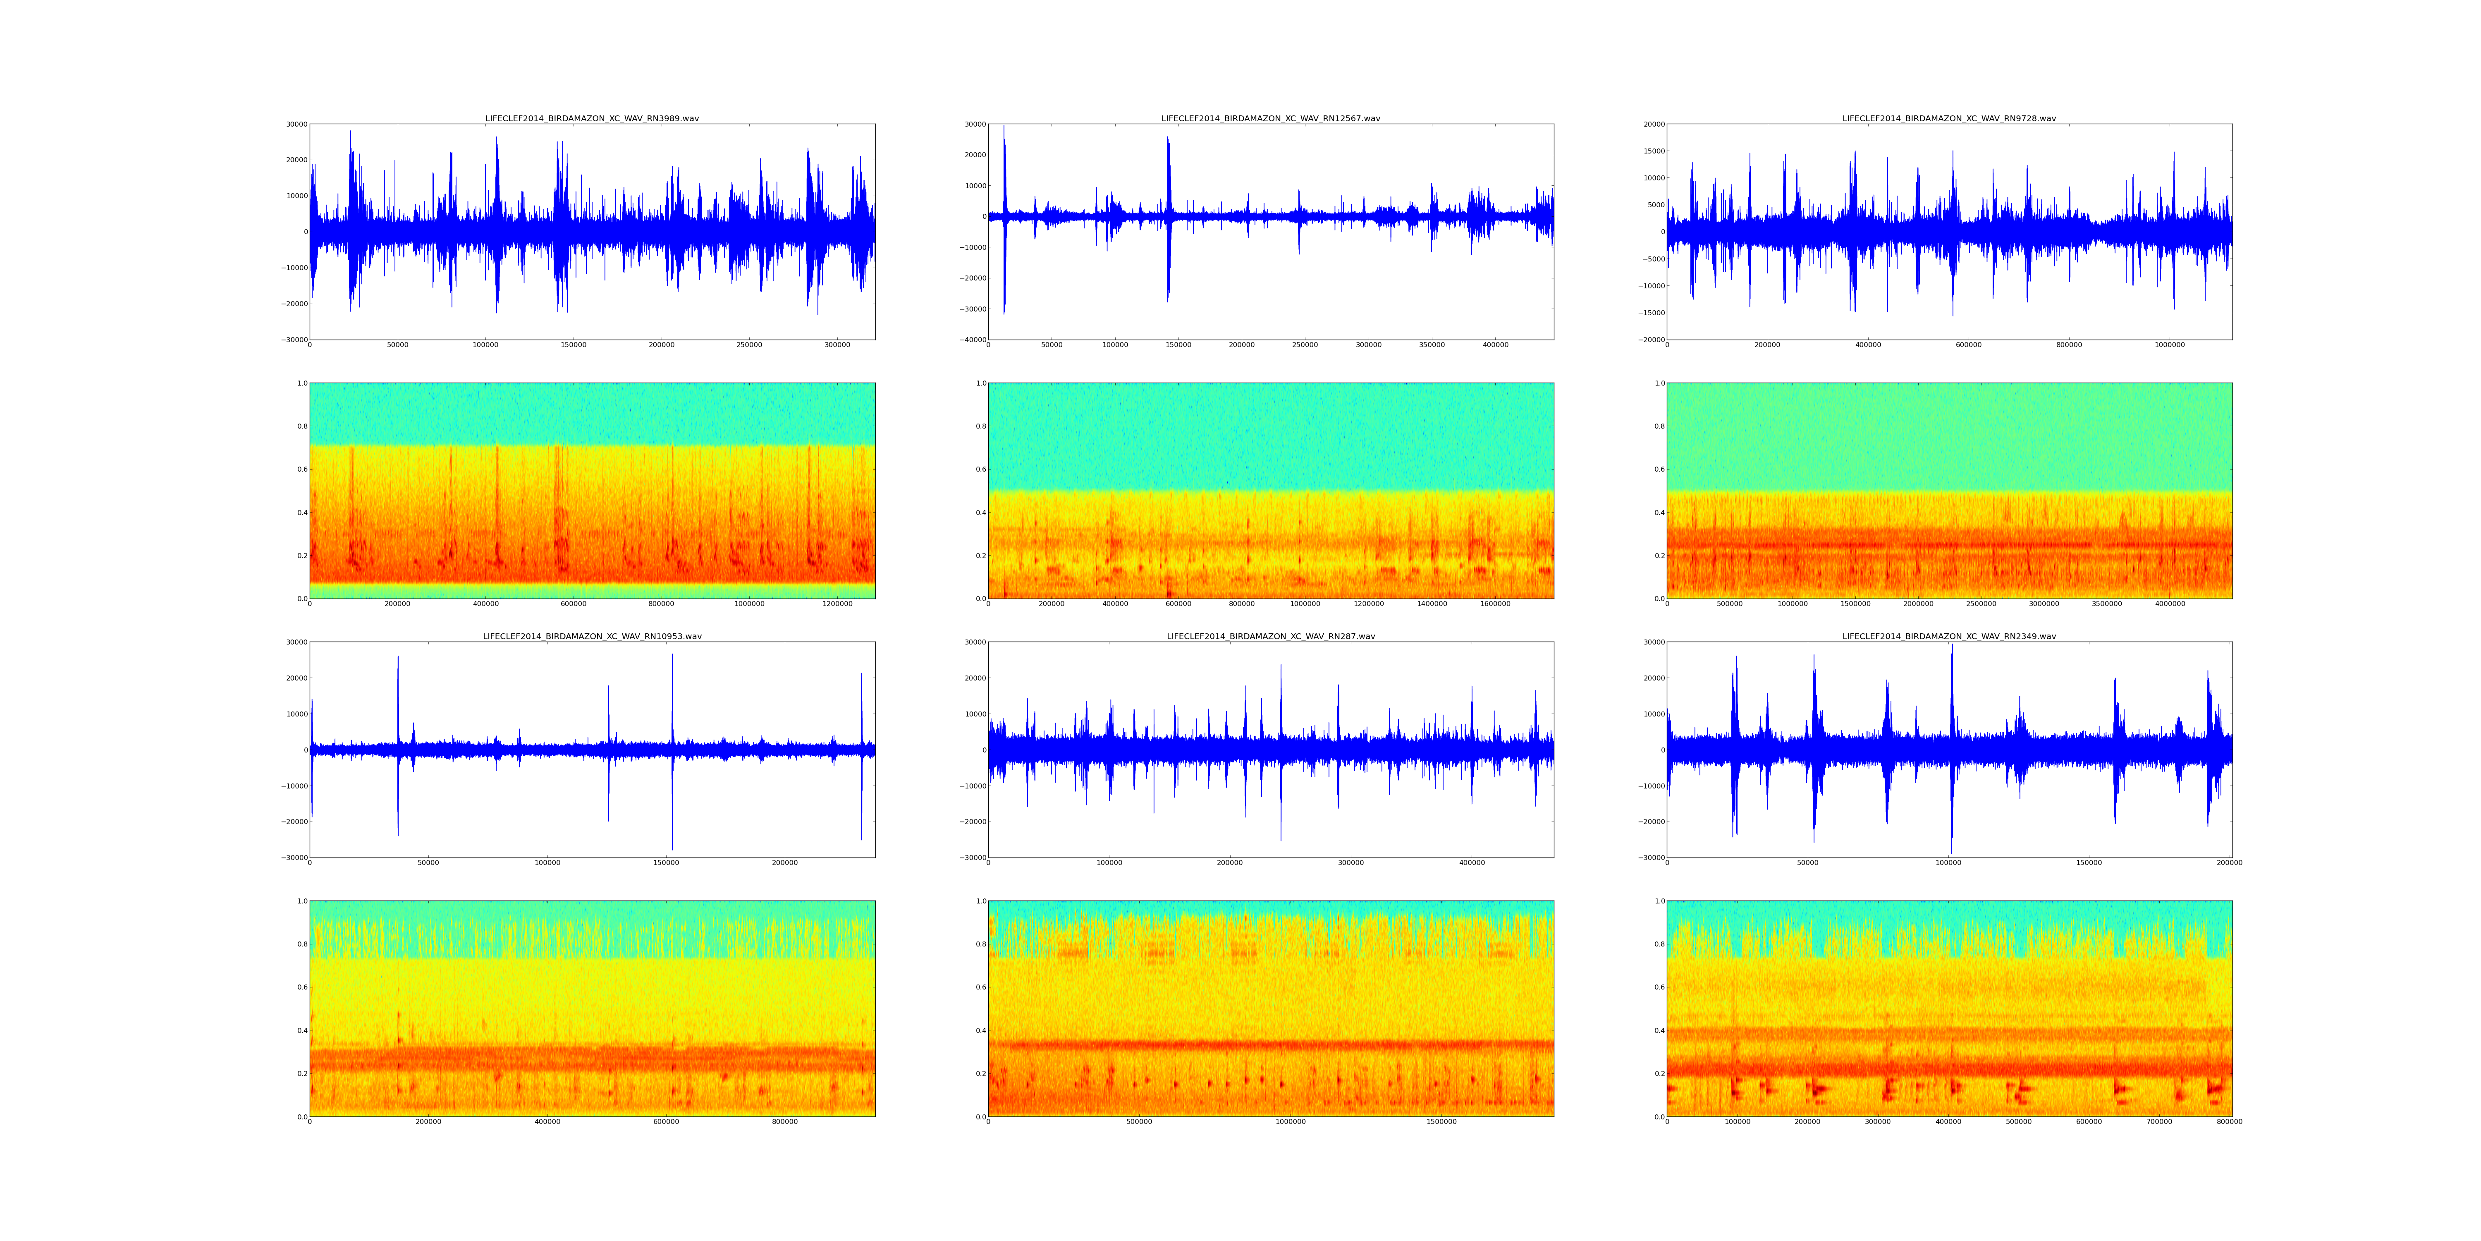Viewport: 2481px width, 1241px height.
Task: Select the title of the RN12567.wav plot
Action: pyautogui.click(x=1270, y=118)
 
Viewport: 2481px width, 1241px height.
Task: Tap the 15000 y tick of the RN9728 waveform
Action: pyautogui.click(x=1652, y=151)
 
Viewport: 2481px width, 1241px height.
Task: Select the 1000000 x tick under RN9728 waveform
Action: pyautogui.click(x=2169, y=345)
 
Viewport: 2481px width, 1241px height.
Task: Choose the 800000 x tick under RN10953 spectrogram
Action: pyautogui.click(x=785, y=1121)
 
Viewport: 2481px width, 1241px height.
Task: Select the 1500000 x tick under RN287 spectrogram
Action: pyautogui.click(x=1441, y=1121)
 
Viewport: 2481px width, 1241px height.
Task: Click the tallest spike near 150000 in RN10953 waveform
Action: pyautogui.click(x=672, y=665)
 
